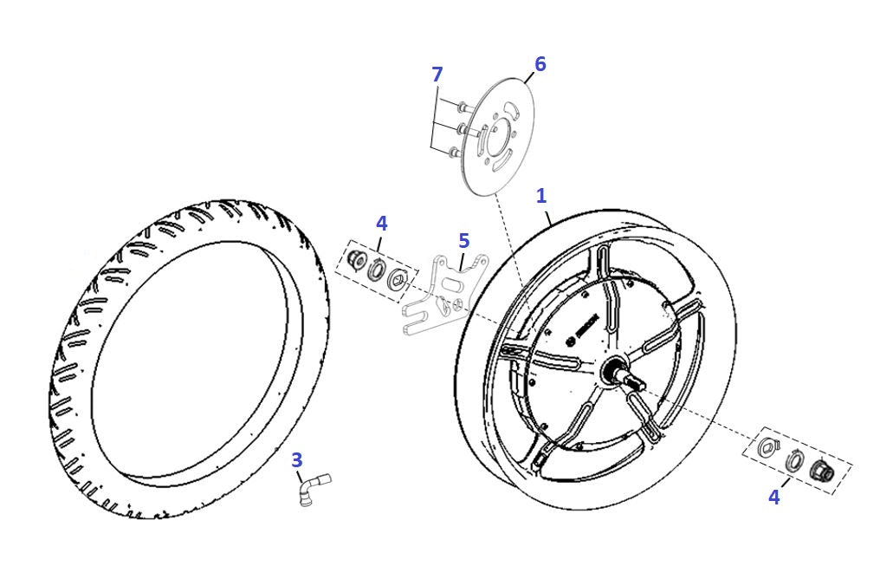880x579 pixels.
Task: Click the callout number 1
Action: click(541, 196)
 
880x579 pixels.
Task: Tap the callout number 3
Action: click(296, 459)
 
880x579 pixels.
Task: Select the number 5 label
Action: click(463, 239)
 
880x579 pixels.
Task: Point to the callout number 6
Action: click(540, 64)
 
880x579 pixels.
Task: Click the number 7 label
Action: click(437, 75)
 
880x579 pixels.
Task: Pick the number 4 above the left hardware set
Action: click(381, 223)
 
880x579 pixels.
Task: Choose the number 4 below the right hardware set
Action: click(773, 498)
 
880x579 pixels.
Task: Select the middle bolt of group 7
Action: click(462, 129)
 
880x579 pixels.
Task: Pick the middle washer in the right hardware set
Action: click(793, 460)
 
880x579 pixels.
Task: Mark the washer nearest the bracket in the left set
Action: click(398, 278)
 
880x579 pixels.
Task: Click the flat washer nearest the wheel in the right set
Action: click(767, 449)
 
